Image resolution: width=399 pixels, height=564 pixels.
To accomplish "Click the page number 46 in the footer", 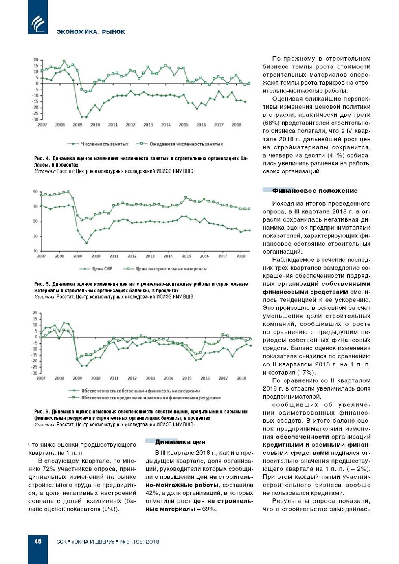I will [38, 541].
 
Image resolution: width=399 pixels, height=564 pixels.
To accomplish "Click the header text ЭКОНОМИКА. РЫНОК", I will [91, 32].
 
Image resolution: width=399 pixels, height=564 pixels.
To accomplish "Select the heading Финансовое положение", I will [315, 191].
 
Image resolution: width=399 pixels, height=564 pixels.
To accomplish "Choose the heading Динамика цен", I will [180, 442].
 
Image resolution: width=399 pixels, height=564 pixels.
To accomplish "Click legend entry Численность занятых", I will [104, 144].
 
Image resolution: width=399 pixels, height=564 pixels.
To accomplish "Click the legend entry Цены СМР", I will [102, 269].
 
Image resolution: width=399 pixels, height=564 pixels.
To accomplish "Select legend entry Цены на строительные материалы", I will [171, 269].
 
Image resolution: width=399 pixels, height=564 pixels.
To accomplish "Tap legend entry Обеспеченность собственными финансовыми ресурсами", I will [140, 391].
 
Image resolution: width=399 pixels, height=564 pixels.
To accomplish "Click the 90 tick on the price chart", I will [35, 191].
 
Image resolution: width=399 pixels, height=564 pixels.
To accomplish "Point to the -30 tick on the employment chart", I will [35, 119].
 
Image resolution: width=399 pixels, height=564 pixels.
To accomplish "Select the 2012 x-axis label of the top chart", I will [130, 125].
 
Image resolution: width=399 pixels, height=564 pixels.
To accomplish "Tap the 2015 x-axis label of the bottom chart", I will [187, 378].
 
